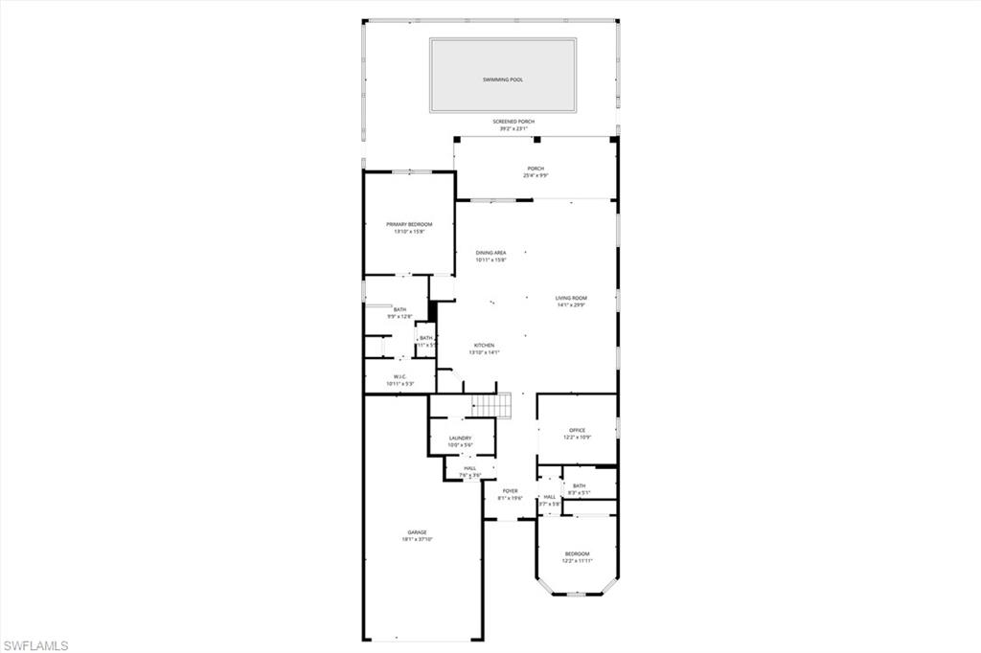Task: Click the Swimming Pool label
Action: coord(503,80)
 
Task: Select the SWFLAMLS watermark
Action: coord(35,645)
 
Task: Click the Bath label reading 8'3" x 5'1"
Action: coord(579,489)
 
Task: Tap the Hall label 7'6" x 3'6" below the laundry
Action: coord(469,471)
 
